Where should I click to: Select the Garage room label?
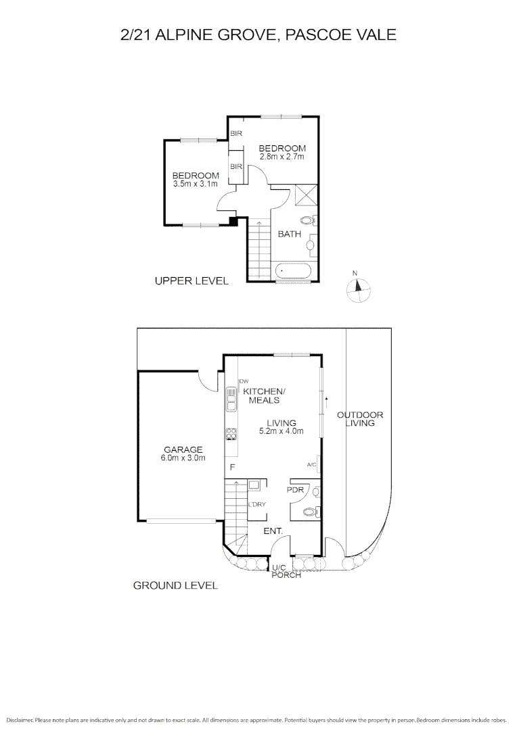(183, 449)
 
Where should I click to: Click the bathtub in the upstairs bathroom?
(294, 271)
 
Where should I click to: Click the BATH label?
(290, 235)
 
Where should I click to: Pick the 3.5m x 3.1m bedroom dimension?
(195, 184)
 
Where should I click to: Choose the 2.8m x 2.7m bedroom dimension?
(282, 157)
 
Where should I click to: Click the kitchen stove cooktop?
(231, 434)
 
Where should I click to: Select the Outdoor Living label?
(361, 419)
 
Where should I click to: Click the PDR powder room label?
(295, 489)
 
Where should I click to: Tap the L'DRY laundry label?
(256, 505)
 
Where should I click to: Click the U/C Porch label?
(286, 571)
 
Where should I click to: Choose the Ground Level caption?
(175, 585)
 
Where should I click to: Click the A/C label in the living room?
(311, 465)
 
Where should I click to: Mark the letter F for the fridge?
(231, 468)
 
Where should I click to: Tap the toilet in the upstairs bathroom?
(307, 220)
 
